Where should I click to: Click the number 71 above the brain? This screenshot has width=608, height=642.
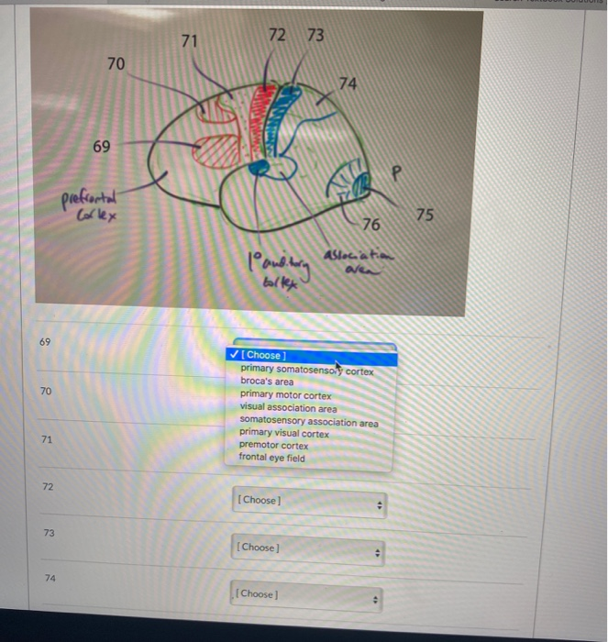(189, 41)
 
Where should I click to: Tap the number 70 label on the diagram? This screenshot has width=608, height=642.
(116, 63)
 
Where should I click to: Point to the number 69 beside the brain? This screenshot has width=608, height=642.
(101, 147)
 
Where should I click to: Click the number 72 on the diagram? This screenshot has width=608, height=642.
(277, 35)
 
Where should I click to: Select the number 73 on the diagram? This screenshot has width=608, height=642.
(315, 35)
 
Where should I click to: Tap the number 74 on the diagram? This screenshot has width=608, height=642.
(348, 83)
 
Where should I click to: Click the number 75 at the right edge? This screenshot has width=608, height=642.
(424, 215)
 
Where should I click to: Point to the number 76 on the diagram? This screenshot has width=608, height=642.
(370, 225)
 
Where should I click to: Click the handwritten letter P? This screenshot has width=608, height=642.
(396, 172)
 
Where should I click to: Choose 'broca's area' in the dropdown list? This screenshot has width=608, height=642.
(267, 382)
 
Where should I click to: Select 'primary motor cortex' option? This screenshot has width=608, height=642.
(285, 395)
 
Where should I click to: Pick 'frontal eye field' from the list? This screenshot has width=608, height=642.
(271, 458)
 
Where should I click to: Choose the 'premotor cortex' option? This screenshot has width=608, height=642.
(273, 445)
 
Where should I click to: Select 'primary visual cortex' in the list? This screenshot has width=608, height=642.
(283, 433)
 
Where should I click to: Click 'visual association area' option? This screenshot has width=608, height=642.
(288, 407)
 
